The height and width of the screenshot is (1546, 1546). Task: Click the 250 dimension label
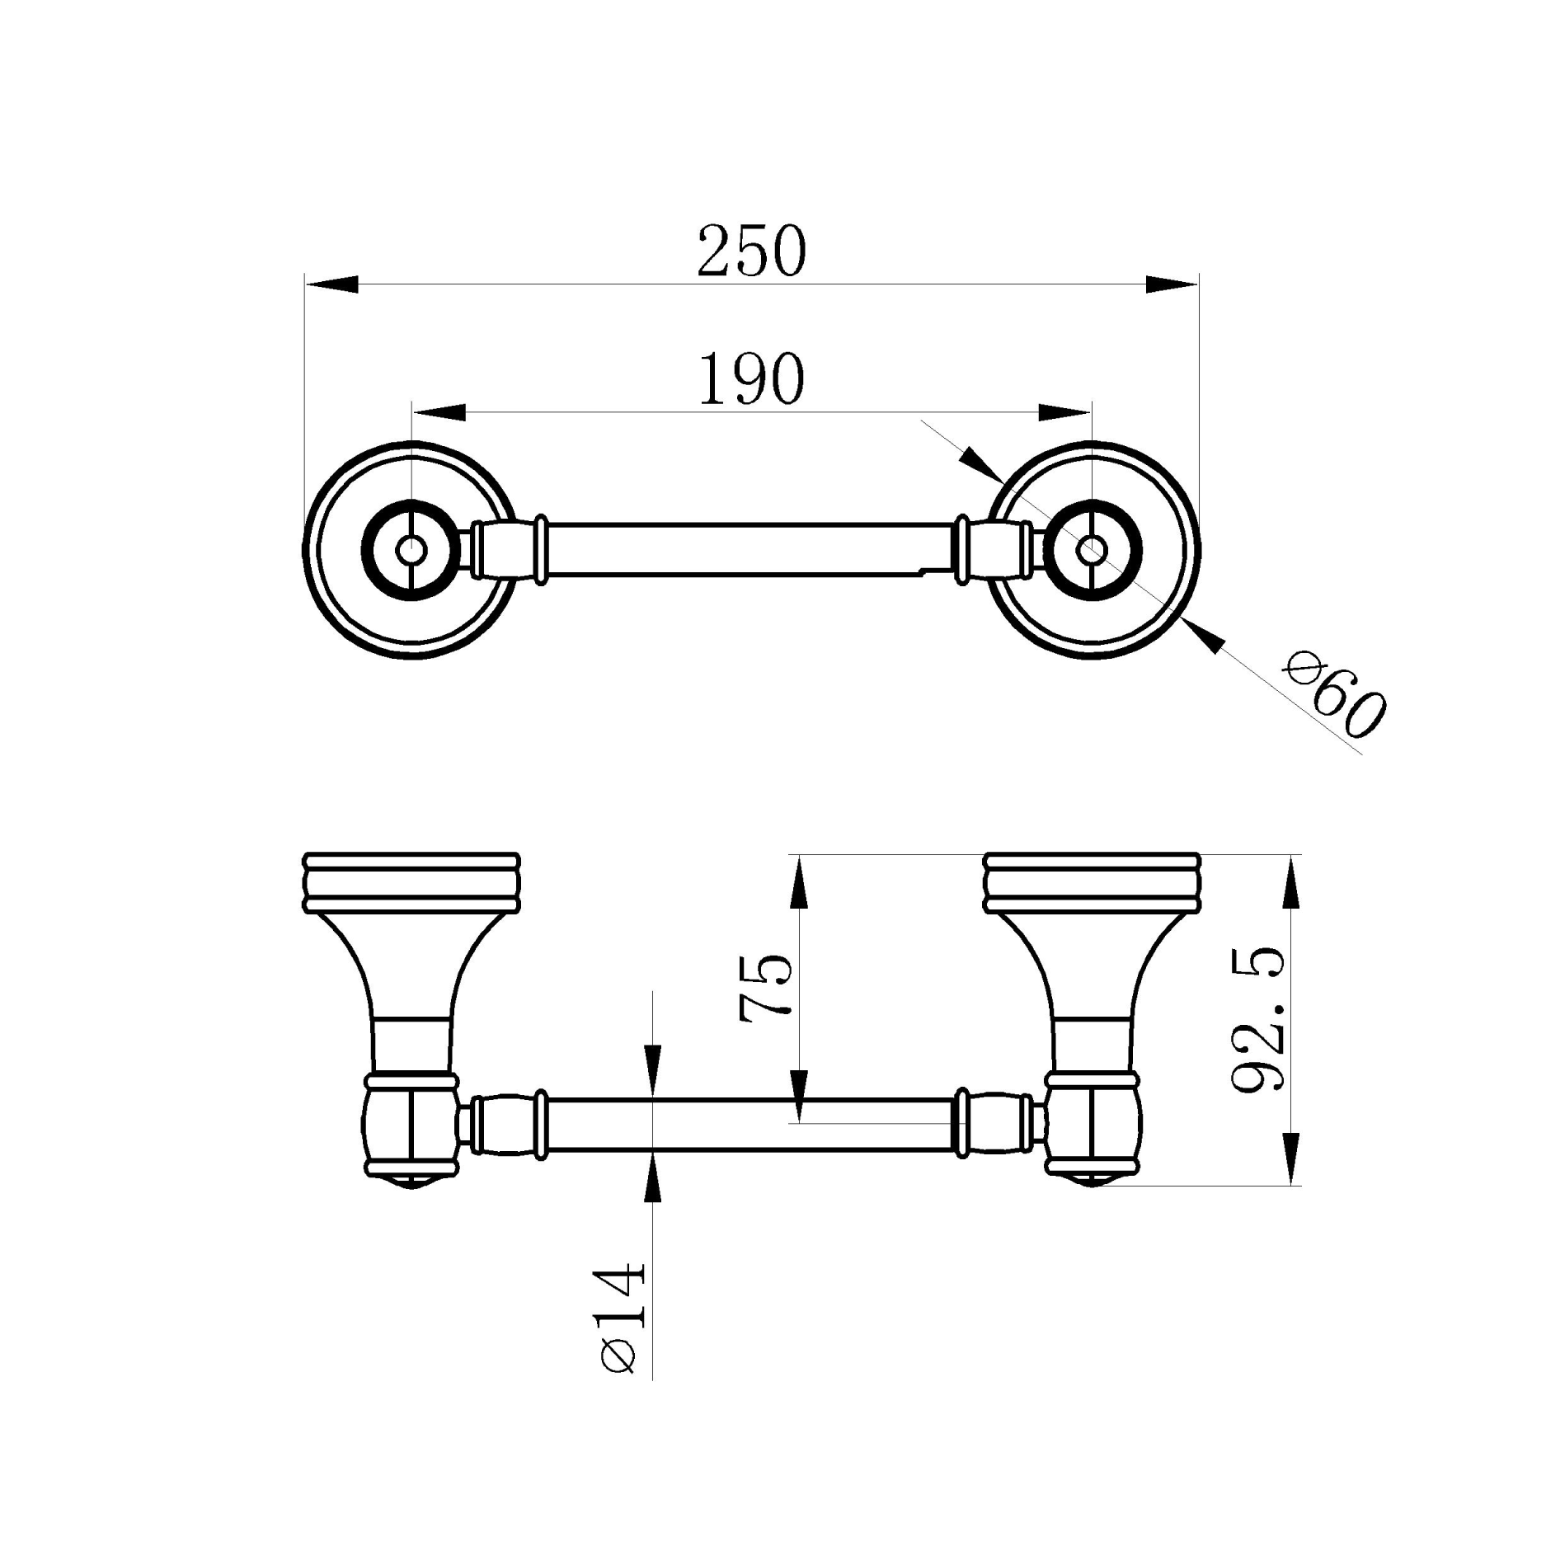750,251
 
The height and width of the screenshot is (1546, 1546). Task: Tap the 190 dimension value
750,379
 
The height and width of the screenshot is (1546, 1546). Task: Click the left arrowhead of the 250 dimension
332,284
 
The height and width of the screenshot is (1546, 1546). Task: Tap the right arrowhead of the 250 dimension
1172,284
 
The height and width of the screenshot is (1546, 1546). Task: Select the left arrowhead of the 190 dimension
439,412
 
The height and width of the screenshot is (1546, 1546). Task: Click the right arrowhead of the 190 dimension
1065,412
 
